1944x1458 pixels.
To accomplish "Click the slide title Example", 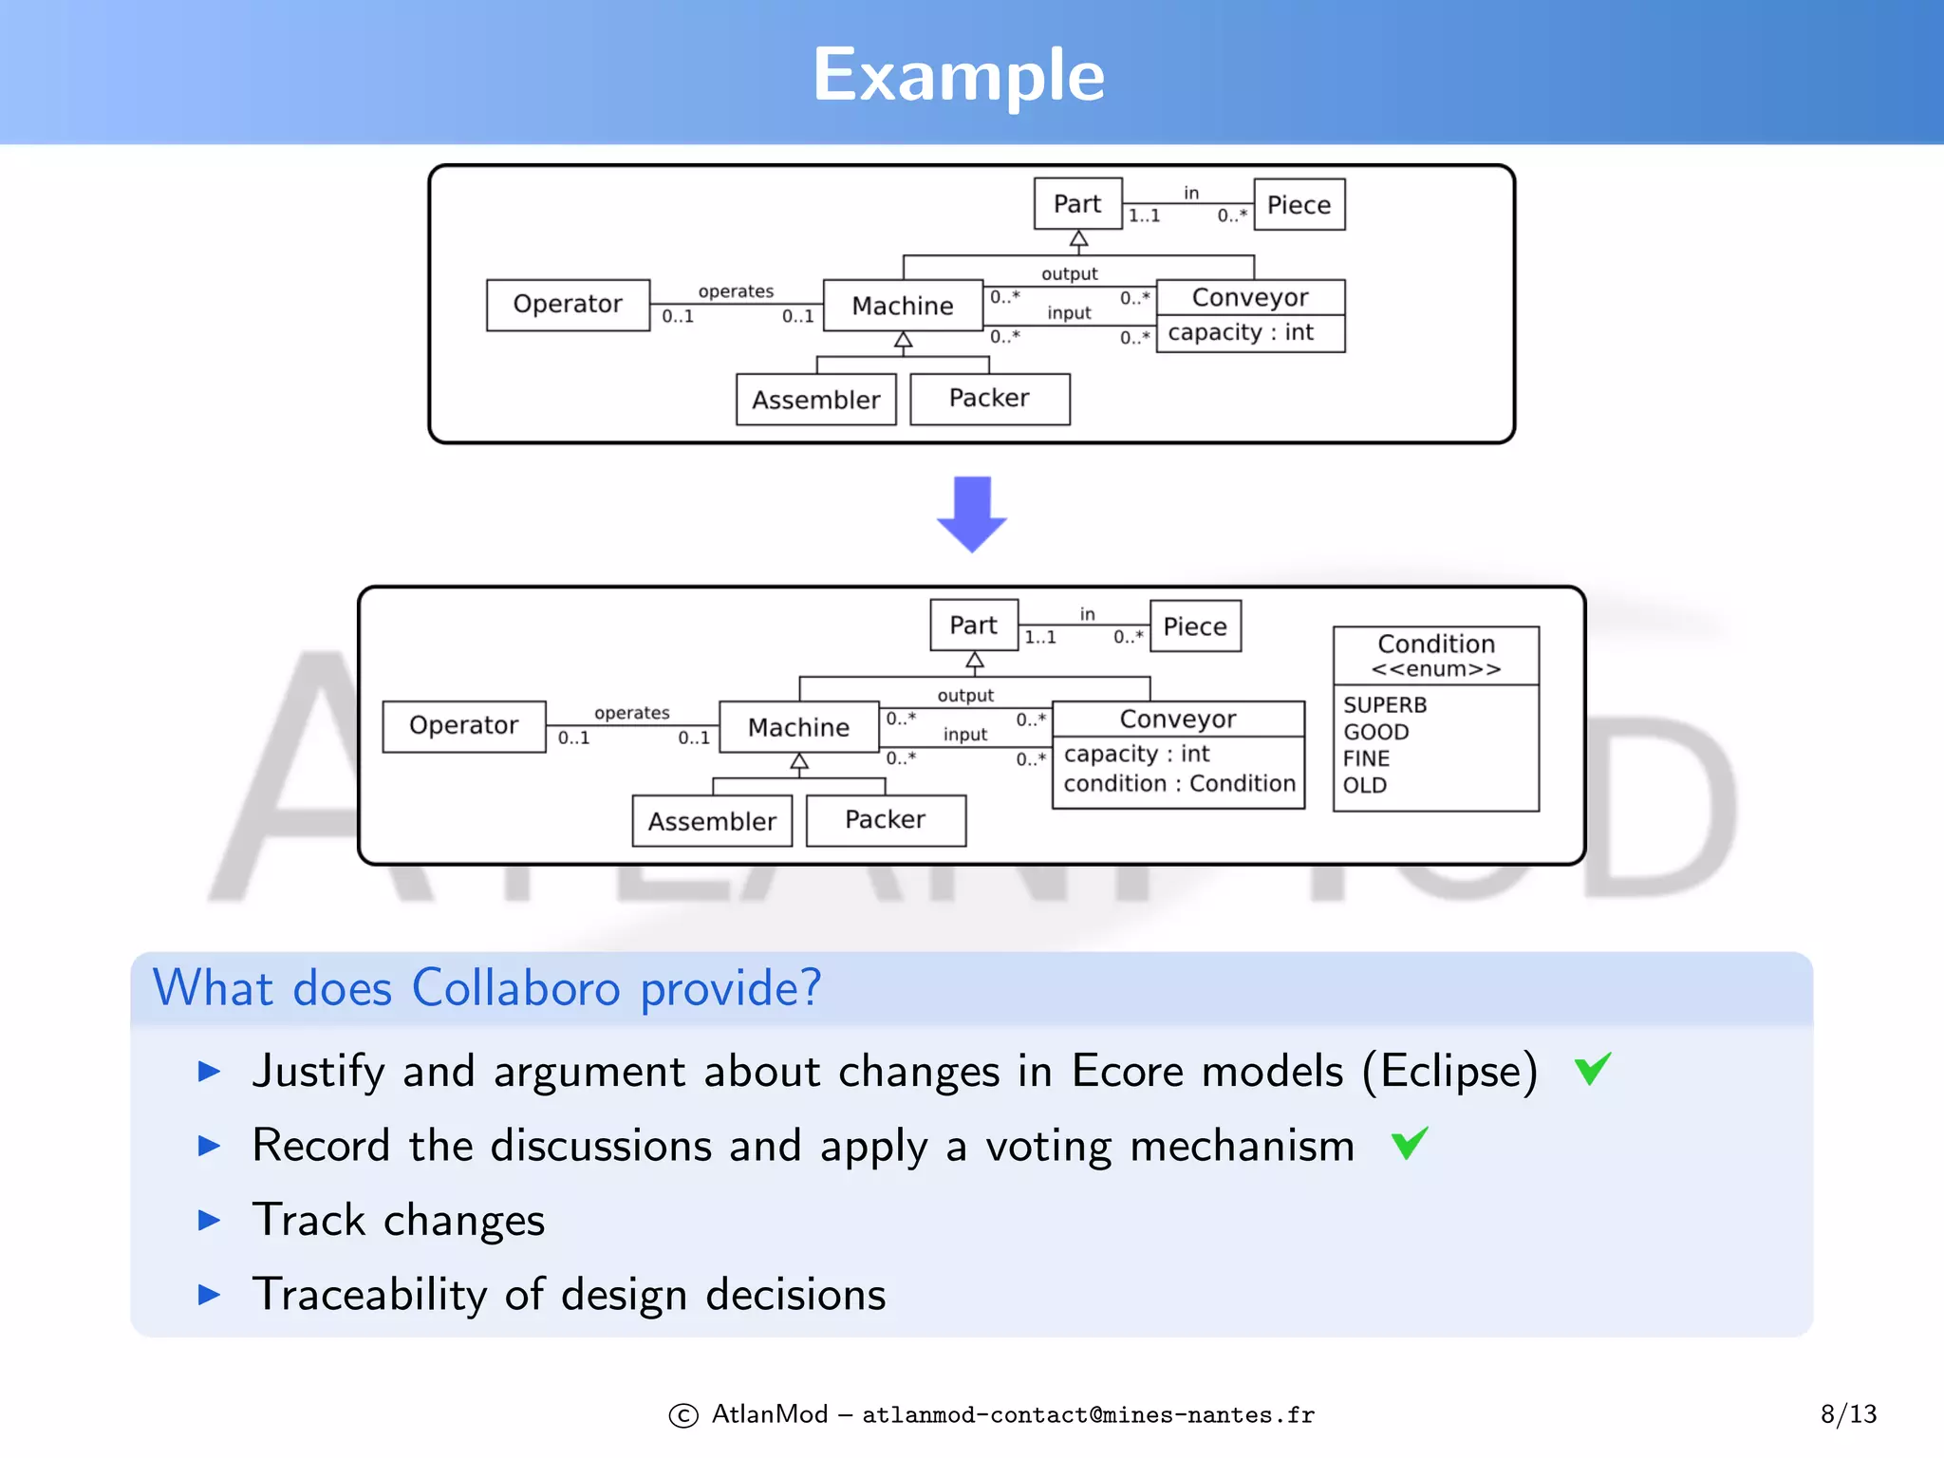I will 959,75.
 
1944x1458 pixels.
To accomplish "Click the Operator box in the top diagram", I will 568,305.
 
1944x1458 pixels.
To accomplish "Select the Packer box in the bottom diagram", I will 885,820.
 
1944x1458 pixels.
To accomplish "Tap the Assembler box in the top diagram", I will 815,400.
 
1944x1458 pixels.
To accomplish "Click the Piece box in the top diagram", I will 1299,205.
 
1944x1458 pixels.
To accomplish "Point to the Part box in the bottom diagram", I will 974,626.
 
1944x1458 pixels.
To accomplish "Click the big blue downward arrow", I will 971,514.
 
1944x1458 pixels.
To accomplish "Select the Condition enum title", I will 1435,645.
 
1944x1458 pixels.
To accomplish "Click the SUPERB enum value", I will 1385,705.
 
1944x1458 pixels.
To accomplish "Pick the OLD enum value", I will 1365,785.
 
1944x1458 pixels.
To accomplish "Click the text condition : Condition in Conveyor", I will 1179,784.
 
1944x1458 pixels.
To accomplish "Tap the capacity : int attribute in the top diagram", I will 1241,333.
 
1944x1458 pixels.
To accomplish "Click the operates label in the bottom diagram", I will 631,713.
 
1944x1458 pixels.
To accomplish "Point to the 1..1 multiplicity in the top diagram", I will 1144,216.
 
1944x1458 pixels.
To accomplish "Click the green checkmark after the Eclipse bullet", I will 1593,1069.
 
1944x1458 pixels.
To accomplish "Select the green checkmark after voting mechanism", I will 1410,1143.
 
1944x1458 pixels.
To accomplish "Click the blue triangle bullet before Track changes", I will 209,1221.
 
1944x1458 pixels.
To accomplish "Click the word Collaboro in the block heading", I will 515,989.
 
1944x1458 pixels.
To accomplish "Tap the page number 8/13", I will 1847,1414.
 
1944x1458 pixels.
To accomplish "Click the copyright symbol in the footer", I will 683,1416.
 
